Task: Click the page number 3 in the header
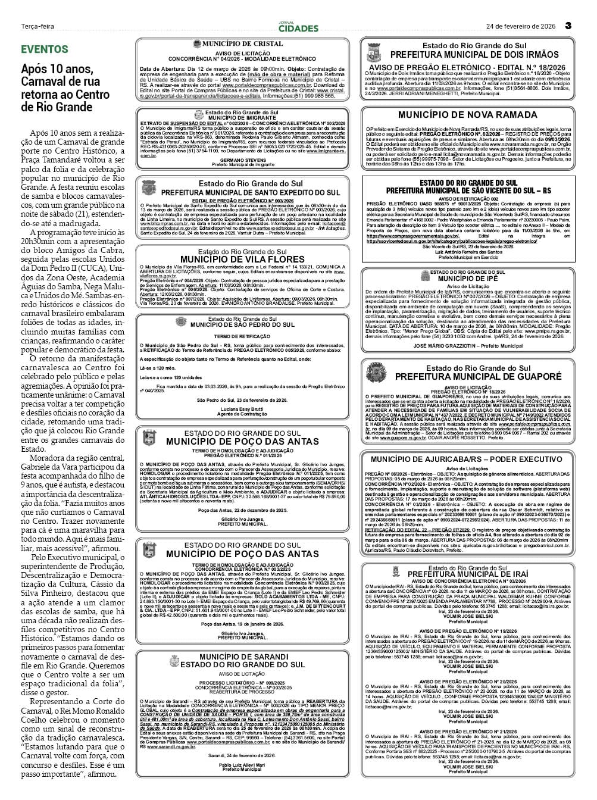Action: (x=568, y=26)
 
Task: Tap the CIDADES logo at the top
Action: (x=298, y=27)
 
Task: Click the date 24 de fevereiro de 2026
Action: (x=521, y=26)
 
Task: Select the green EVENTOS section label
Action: (x=45, y=49)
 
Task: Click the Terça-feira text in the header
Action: (x=37, y=26)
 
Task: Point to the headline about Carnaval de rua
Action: (x=65, y=88)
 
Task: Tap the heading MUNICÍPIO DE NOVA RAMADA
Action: (x=467, y=114)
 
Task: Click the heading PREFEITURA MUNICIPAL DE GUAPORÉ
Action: (x=478, y=376)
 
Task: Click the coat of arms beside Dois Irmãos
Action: (x=376, y=54)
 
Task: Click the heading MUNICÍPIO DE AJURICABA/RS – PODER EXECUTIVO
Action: (x=467, y=459)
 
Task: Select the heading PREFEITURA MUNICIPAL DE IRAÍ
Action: (x=467, y=574)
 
